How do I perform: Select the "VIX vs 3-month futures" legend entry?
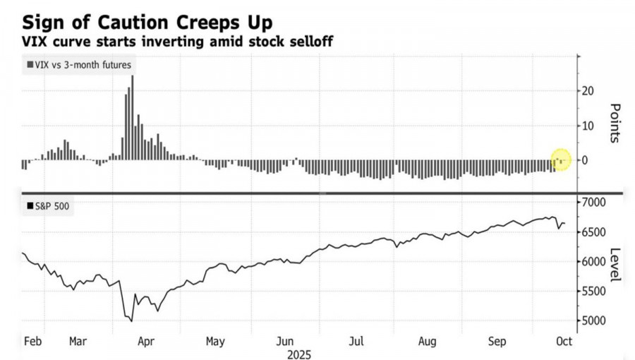78,65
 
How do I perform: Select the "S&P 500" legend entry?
49,207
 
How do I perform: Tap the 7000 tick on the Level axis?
595,203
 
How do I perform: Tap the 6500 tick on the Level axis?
595,232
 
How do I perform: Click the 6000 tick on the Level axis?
595,262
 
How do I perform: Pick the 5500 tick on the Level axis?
595,292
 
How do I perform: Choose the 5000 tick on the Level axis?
595,321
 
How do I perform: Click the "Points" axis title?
614,122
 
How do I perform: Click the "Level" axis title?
614,265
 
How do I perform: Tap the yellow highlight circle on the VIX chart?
560,160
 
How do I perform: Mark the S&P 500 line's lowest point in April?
132,321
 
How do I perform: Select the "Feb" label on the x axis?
33,340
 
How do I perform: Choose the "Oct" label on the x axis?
564,340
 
